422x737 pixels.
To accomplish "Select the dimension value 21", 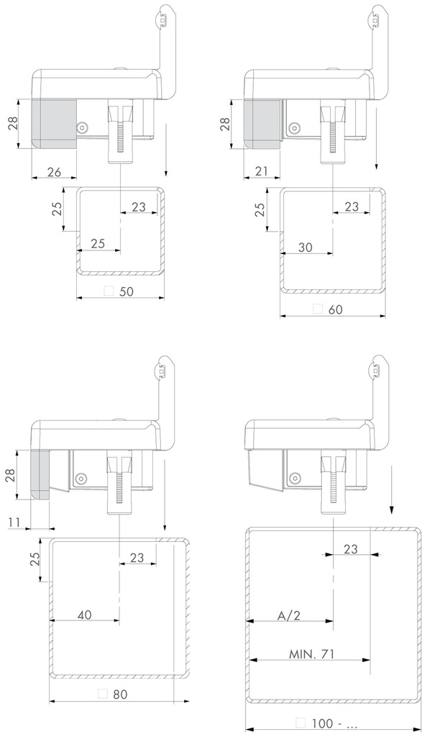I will (x=262, y=171).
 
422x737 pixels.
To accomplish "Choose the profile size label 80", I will (x=121, y=695).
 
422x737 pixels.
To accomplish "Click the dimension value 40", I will (x=85, y=615).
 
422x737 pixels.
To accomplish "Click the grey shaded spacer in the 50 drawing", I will (x=55, y=122).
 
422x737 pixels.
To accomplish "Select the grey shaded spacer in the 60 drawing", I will (x=262, y=122).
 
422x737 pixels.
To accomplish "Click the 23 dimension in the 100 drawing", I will (x=351, y=549).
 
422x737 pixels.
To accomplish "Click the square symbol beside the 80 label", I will (x=102, y=695).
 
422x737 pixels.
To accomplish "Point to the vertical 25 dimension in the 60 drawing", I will (x=260, y=209).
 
